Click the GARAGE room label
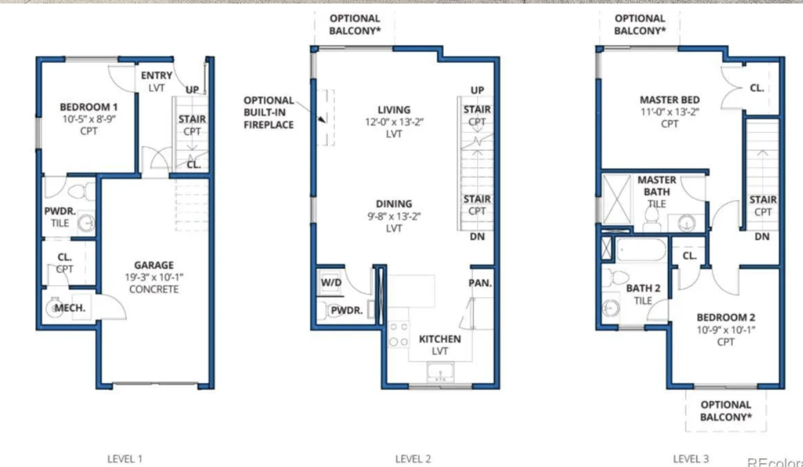point(154,265)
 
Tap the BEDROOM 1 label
point(89,107)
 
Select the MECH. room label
point(70,308)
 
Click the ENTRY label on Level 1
point(156,75)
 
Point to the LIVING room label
point(394,109)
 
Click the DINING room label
point(394,203)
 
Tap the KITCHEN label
point(440,339)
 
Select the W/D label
point(331,282)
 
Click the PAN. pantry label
point(480,283)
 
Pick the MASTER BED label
point(670,100)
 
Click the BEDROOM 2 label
point(726,317)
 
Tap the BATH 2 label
point(643,288)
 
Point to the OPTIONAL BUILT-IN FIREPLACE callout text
point(269,113)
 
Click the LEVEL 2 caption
point(413,459)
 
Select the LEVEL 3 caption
point(691,459)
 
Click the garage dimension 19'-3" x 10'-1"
point(154,277)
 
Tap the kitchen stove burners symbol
point(398,334)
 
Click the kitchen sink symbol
point(440,372)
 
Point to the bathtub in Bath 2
point(641,250)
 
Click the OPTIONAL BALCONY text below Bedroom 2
point(726,411)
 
